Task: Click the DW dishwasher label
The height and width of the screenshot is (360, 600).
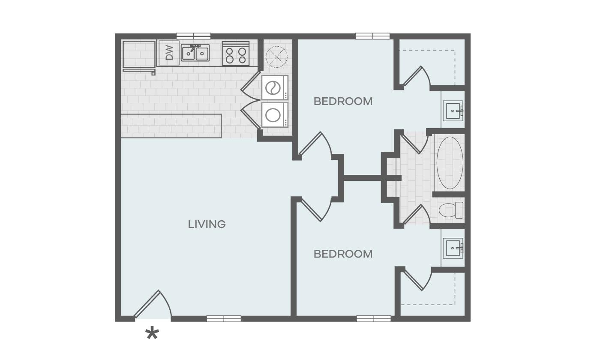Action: [169, 53]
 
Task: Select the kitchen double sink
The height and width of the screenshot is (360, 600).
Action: [195, 53]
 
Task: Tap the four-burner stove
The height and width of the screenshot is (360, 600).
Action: [236, 54]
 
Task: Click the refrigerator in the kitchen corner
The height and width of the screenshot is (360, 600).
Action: [139, 54]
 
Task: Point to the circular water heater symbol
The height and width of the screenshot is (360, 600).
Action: [276, 56]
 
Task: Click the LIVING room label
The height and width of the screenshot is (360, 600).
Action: [207, 224]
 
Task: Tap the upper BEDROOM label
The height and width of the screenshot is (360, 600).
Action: [343, 102]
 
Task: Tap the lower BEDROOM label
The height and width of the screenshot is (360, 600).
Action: [343, 254]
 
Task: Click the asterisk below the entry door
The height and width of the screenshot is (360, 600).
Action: [152, 334]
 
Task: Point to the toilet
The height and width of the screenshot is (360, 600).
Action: [451, 210]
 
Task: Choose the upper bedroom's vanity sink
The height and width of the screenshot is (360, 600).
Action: [453, 111]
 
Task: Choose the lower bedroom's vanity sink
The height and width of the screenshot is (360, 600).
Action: [453, 249]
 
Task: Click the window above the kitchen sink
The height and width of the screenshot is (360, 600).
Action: [193, 36]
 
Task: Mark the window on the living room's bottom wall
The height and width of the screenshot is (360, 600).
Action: [223, 319]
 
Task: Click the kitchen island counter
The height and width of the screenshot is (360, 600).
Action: [171, 126]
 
